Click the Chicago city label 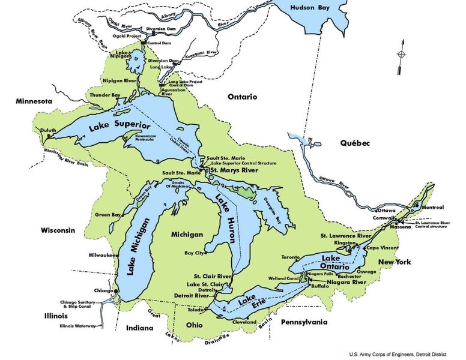pyautogui.click(x=103, y=290)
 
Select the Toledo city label pyautogui.click(x=196, y=310)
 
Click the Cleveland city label pyautogui.click(x=244, y=322)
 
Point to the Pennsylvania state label pyautogui.click(x=303, y=322)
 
